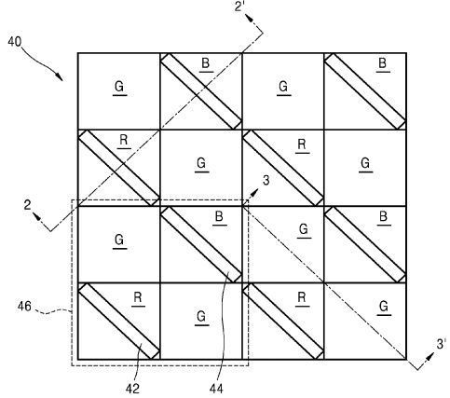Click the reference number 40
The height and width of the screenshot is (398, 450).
tap(15, 42)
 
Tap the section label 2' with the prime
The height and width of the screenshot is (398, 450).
tap(240, 7)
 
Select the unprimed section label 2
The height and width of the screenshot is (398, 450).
tap(28, 205)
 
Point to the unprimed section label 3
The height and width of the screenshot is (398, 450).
tap(266, 181)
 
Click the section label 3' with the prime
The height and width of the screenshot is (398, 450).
tap(442, 344)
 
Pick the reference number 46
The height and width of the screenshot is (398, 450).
tap(24, 307)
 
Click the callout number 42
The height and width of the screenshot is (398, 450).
tap(132, 389)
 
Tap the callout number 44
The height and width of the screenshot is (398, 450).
tap(216, 389)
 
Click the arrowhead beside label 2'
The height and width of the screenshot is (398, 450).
tap(250, 18)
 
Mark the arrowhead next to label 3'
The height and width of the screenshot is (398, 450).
tap(430, 357)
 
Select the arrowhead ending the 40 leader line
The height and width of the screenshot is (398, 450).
tap(59, 76)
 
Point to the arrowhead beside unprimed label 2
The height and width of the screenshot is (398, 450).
tap(37, 216)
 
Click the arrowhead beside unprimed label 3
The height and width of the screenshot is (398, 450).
tap(254, 193)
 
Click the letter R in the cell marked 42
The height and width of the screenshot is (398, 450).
tap(138, 297)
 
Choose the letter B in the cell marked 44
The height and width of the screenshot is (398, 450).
tap(219, 216)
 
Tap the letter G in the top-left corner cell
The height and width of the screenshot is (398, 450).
tap(119, 87)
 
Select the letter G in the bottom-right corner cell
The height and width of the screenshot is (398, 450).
tap(384, 307)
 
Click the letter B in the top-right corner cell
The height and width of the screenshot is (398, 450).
tap(383, 63)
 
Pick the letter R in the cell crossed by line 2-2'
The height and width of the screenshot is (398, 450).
tap(124, 140)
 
